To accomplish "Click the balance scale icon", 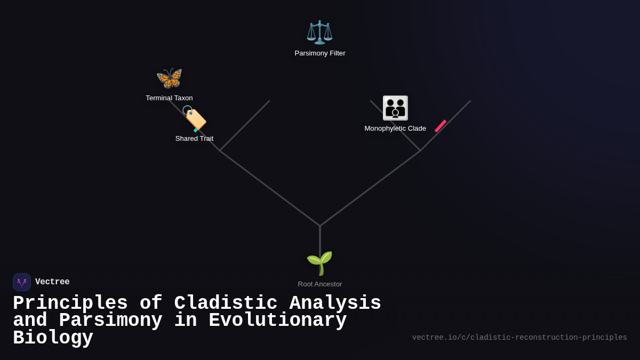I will (319, 32).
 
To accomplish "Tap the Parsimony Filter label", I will (320, 53).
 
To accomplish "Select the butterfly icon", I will (169, 78).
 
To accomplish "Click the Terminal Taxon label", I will (169, 98).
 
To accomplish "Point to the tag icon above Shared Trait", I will (194, 118).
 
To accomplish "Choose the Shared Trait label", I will (194, 139).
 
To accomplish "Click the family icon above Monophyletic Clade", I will (395, 108).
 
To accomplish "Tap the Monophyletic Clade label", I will (395, 129).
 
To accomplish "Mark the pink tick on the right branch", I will (441, 126).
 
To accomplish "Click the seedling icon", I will (319, 263).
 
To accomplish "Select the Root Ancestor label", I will (320, 284).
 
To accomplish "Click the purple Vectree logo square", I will (22, 282).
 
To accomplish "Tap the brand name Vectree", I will (52, 282).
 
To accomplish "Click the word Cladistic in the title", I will (226, 303).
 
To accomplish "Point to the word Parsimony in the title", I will (110, 321).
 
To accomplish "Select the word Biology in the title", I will (53, 338).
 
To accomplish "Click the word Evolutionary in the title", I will (277, 321).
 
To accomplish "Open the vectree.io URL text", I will (519, 338).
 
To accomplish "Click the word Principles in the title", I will (70, 303).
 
